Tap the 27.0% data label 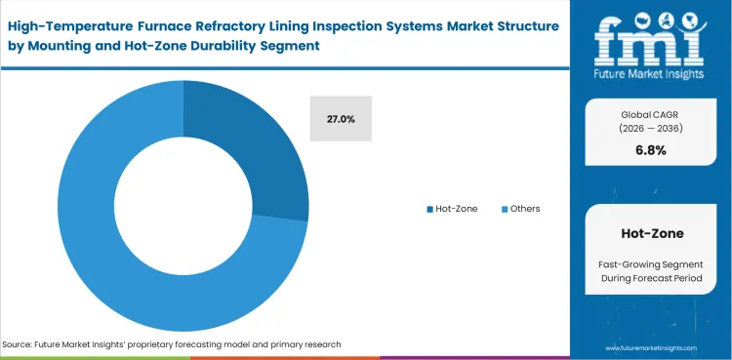[340, 119]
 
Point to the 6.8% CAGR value [650, 150]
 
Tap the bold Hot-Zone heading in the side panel [650, 234]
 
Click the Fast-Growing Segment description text [650, 266]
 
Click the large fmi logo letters [650, 39]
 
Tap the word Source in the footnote [20, 344]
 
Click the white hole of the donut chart [183, 205]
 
